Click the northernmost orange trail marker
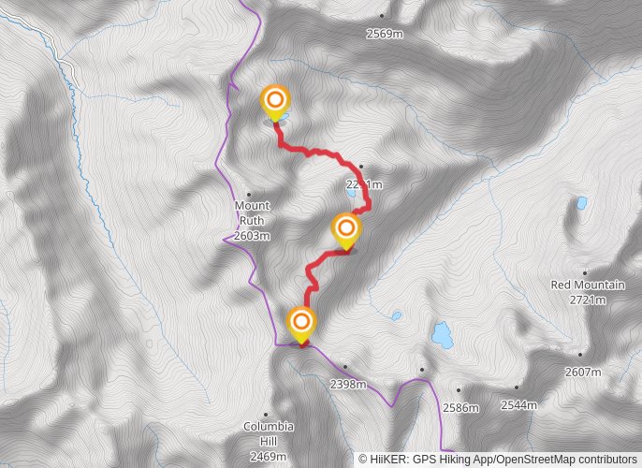274,101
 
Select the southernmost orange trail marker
301,323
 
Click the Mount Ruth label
252,212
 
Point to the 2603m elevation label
252,236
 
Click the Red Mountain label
587,285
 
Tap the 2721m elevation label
587,300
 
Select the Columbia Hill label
268,426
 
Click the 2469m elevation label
268,456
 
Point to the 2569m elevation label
384,34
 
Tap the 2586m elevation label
460,407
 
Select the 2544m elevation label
518,405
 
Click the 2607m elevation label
582,372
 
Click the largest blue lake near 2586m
441,332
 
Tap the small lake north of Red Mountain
581,202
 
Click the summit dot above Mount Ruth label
248,194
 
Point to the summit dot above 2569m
382,16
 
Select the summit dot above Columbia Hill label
266,414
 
